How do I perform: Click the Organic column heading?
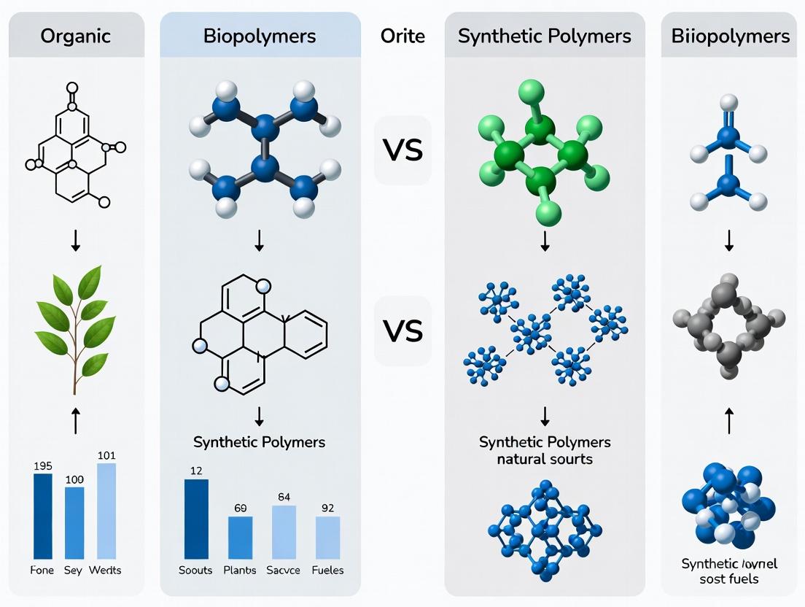[76, 36]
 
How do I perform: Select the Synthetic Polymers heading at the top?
[545, 36]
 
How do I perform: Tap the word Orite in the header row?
[402, 36]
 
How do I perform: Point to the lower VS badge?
[402, 330]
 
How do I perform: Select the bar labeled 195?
[43, 516]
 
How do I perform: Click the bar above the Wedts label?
[106, 511]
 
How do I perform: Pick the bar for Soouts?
[196, 519]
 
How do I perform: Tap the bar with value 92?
[327, 538]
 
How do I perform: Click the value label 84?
[284, 497]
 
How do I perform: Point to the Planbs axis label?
[240, 570]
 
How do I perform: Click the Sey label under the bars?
[74, 570]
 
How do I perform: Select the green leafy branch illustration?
[76, 328]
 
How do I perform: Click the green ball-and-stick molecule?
[541, 153]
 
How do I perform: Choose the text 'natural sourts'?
[545, 459]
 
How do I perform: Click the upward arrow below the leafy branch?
[76, 420]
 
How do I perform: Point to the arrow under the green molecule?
[545, 243]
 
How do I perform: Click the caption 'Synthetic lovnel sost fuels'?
[729, 571]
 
